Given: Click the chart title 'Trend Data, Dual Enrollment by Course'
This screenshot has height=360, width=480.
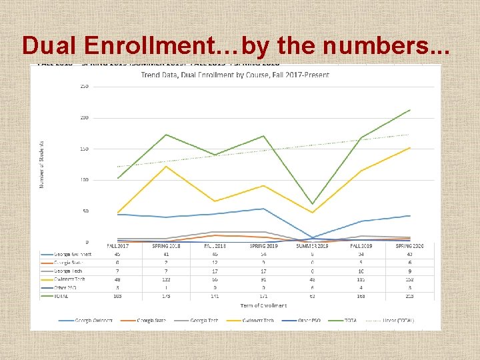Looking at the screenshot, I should [x=235, y=75].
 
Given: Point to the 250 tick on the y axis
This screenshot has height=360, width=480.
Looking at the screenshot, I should [x=85, y=86].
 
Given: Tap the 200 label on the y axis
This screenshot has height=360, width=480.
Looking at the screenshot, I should [x=85, y=117].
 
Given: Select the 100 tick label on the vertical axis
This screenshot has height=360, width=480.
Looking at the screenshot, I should [x=85, y=180].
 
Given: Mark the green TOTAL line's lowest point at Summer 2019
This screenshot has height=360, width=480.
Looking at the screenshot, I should [x=313, y=204].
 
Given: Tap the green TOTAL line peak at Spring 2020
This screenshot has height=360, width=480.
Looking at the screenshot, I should [x=409, y=109].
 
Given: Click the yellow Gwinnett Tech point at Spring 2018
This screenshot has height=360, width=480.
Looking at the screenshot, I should [x=166, y=166].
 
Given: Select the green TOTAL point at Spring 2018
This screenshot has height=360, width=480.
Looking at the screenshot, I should [x=166, y=135].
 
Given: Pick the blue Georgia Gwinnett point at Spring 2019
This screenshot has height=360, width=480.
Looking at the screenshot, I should [x=264, y=209].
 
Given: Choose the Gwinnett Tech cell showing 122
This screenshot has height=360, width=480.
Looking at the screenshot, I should [x=166, y=279].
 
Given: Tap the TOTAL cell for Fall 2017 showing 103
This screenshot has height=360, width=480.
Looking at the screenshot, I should [x=117, y=295].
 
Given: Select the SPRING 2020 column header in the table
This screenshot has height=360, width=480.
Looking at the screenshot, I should [x=409, y=246].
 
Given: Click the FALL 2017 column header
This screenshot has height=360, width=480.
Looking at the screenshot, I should [x=117, y=246].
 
